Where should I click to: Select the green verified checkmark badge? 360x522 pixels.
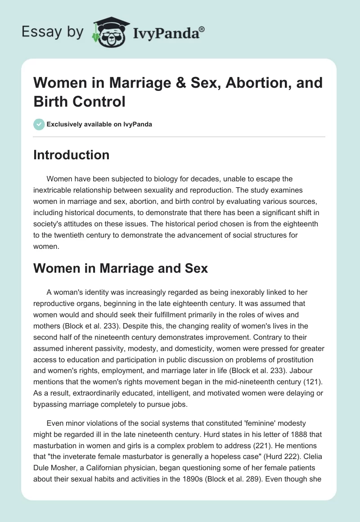pyautogui.click(x=39, y=124)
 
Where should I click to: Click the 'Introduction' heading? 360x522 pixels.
pyautogui.click(x=72, y=155)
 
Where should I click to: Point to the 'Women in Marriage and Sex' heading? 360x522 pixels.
pyautogui.click(x=121, y=268)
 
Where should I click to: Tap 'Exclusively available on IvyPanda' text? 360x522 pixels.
pyautogui.click(x=99, y=124)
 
